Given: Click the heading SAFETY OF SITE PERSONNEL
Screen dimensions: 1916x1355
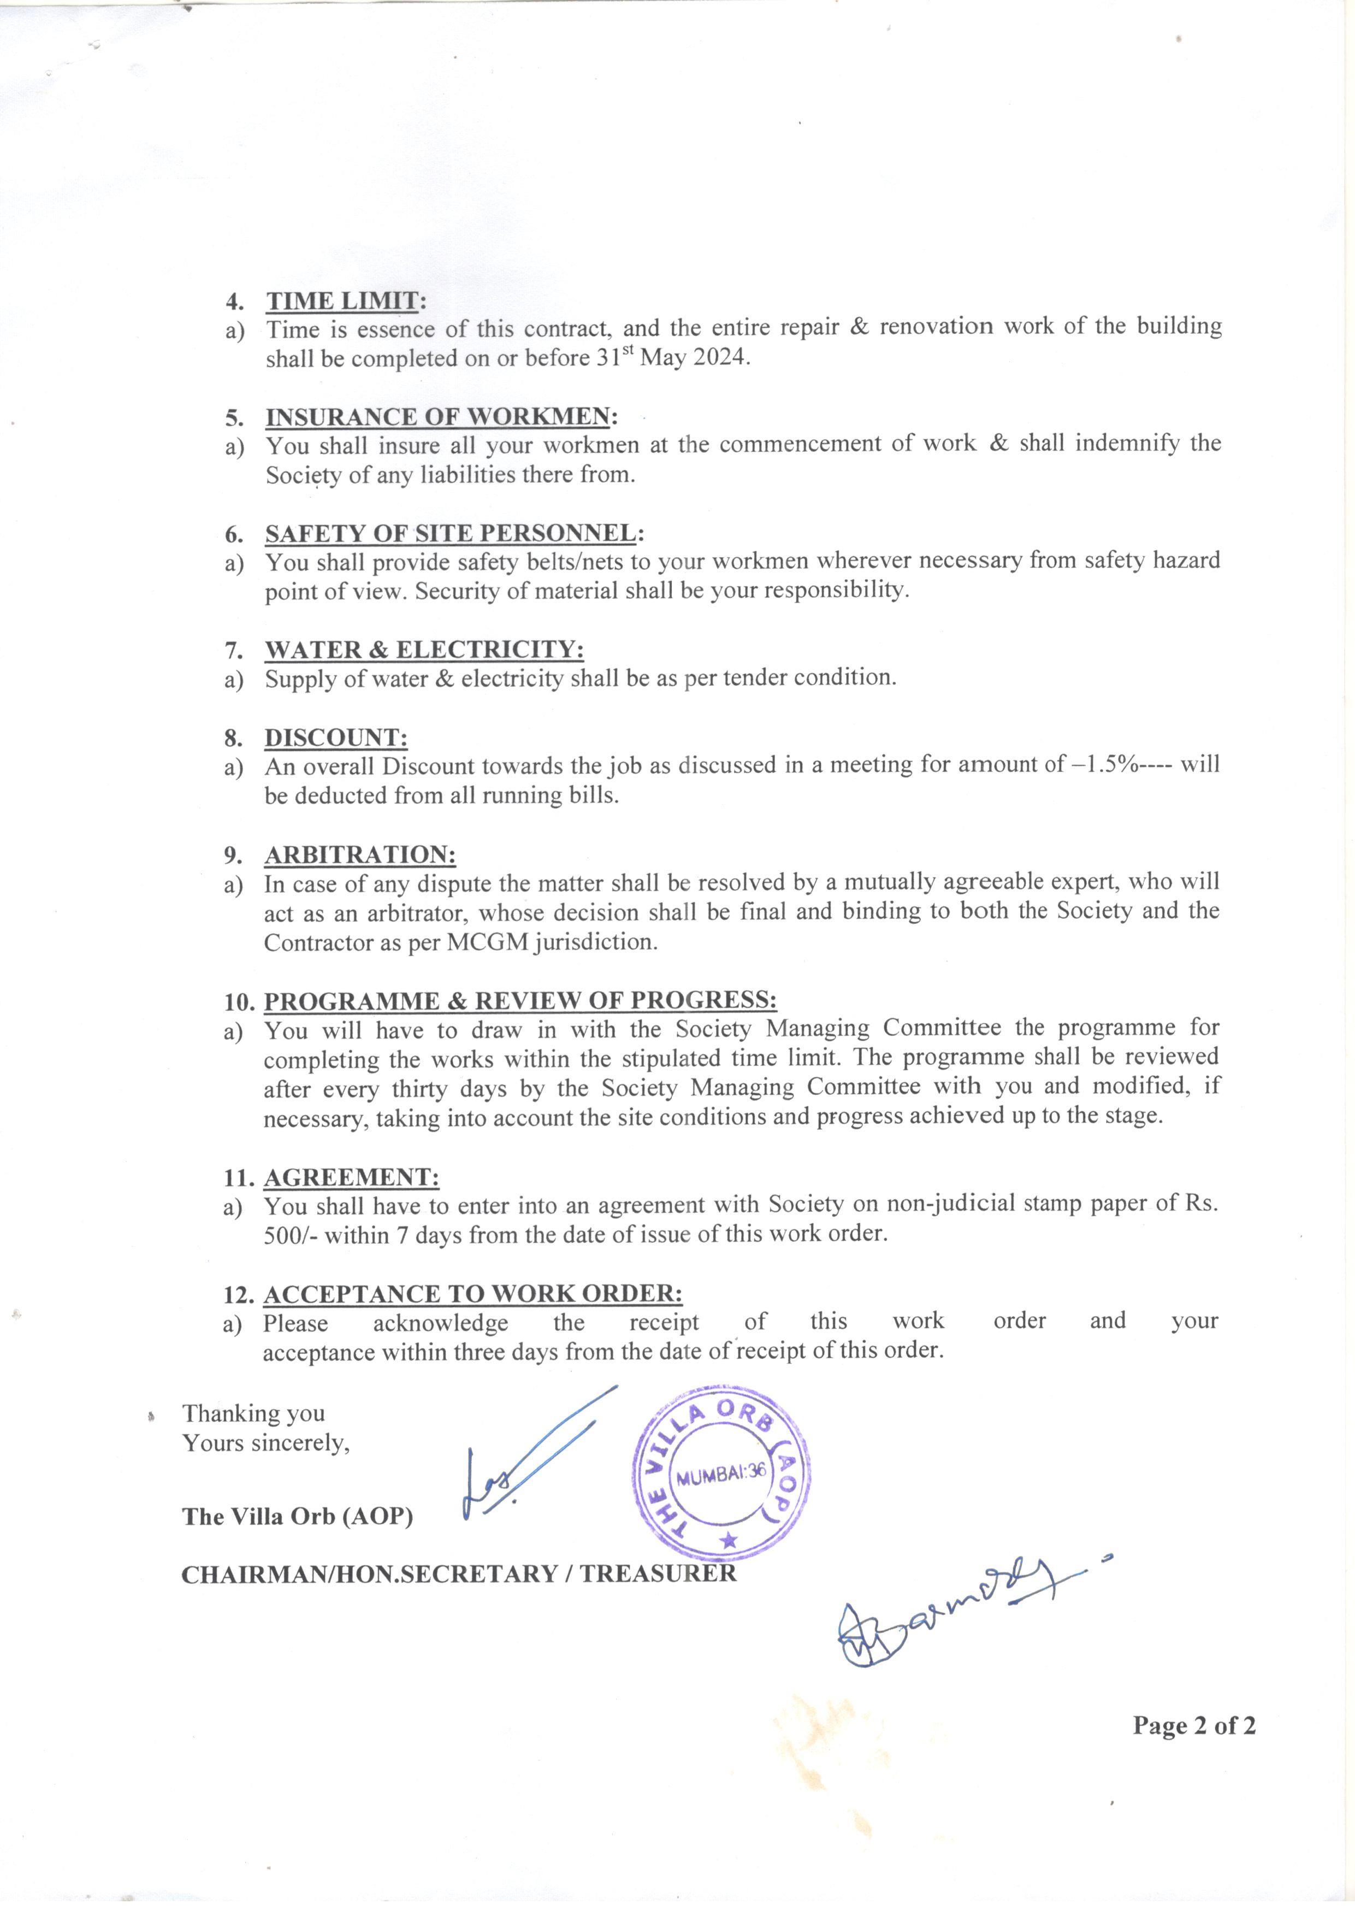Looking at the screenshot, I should (451, 533).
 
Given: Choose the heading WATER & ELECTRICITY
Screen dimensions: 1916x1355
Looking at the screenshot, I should (424, 649).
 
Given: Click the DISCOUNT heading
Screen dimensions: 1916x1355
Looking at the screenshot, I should (335, 738).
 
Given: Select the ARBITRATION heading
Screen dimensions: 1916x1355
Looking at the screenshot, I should (359, 854).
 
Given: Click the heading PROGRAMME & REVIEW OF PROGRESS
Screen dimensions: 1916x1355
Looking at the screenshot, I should (520, 1000).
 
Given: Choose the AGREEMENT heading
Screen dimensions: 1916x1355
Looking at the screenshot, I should (351, 1177).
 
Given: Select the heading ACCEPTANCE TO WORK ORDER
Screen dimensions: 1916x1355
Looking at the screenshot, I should (472, 1294).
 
